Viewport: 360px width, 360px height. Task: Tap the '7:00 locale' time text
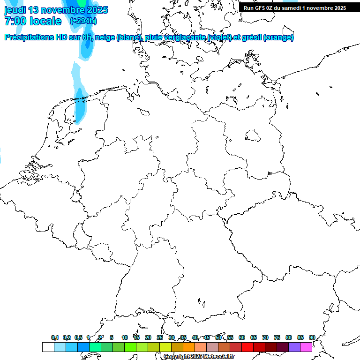[x=33, y=21]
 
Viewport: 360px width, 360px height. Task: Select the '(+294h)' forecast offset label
[x=83, y=21]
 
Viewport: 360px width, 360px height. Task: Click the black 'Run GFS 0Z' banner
[x=294, y=8]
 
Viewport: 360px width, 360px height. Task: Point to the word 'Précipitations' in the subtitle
[x=30, y=37]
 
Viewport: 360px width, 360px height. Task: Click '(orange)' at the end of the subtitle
[x=279, y=37]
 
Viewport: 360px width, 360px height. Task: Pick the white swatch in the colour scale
[x=48, y=347]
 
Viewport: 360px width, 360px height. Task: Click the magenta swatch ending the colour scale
[x=306, y=347]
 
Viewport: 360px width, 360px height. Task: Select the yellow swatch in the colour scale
[x=165, y=347]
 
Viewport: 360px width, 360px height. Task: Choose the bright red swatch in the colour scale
[x=247, y=347]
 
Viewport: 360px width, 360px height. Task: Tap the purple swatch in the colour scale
[x=294, y=347]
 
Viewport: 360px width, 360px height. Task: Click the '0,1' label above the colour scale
[x=55, y=338]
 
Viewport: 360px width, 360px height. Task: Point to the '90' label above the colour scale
[x=312, y=338]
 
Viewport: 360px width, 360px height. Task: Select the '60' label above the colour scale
[x=242, y=338]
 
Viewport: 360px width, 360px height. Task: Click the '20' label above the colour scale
[x=148, y=338]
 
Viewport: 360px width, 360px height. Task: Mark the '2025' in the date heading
[x=94, y=10]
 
